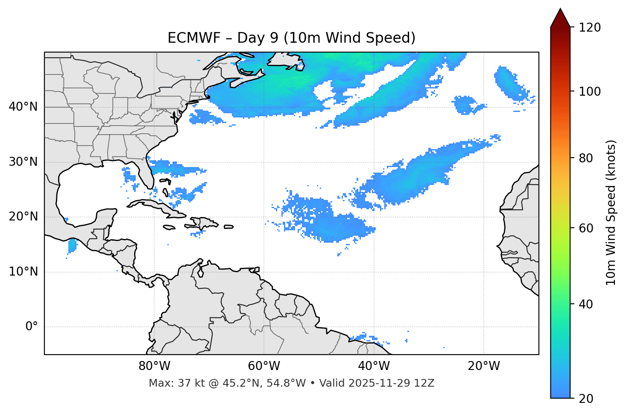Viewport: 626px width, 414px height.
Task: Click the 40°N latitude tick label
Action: pos(23,107)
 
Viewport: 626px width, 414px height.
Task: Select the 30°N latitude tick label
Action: pos(23,162)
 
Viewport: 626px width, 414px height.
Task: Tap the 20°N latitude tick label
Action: pos(23,217)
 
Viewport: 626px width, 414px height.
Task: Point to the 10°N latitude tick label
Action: pos(23,272)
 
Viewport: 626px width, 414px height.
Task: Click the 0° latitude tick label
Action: pos(32,327)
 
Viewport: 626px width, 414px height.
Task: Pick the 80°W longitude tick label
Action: pos(154,366)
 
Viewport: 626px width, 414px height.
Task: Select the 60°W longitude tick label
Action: pos(264,366)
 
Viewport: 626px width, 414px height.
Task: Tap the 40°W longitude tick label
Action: pos(374,366)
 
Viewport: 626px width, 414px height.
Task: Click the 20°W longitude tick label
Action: pos(484,366)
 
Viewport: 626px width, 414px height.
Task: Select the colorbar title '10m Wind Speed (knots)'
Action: pos(611,212)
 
